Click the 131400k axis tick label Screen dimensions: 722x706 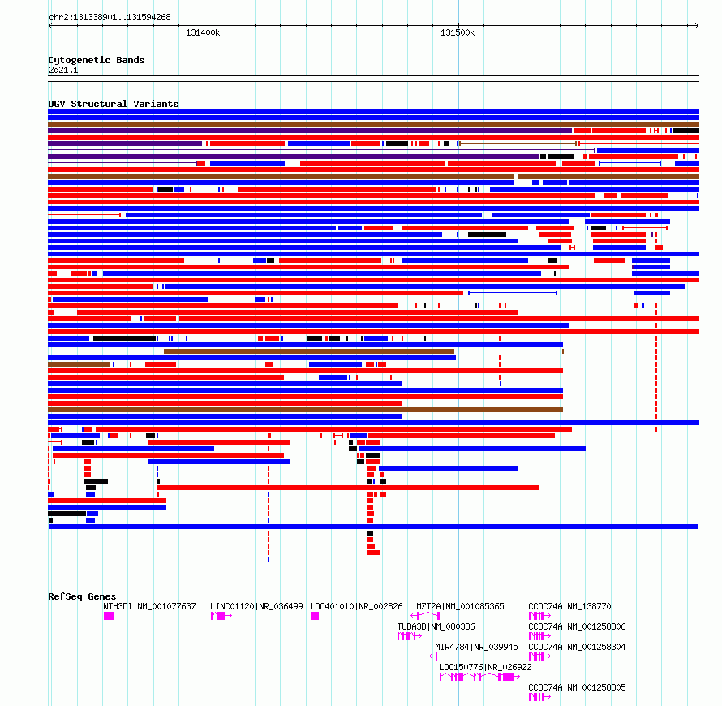click(203, 33)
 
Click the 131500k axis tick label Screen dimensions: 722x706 click(458, 33)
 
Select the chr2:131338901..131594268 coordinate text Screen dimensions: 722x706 click(110, 18)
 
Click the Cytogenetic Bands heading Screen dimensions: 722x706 click(97, 60)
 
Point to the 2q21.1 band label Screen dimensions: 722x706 click(63, 70)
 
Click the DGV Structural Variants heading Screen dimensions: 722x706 click(114, 104)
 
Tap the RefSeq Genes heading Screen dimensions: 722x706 click(82, 596)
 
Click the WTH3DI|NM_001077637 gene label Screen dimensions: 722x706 click(149, 606)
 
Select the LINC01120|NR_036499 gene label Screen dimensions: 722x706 click(256, 606)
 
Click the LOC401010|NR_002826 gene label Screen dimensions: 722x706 click(356, 606)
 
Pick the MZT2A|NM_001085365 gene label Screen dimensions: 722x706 click(460, 606)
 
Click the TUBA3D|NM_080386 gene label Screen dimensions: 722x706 click(436, 626)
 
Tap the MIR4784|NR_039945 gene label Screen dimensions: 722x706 click(476, 647)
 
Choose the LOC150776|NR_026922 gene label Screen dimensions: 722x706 click(485, 667)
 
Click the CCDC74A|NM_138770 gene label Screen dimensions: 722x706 click(569, 606)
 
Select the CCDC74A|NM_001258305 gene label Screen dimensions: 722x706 click(577, 687)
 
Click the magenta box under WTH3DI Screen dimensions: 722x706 click(109, 616)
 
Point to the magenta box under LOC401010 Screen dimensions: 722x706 click(315, 616)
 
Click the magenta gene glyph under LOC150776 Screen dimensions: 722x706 click(479, 677)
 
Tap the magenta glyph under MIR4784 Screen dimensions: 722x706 click(433, 656)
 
